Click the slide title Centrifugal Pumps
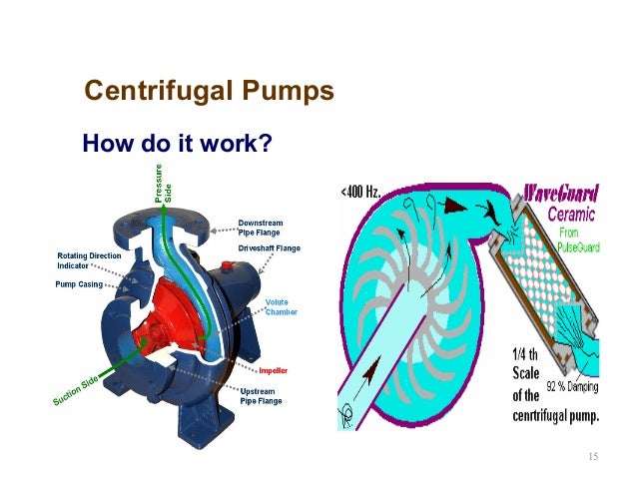click(x=209, y=92)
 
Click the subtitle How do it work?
click(x=177, y=144)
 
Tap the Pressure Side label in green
click(x=163, y=184)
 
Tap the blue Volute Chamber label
click(x=281, y=307)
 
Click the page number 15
click(x=593, y=457)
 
